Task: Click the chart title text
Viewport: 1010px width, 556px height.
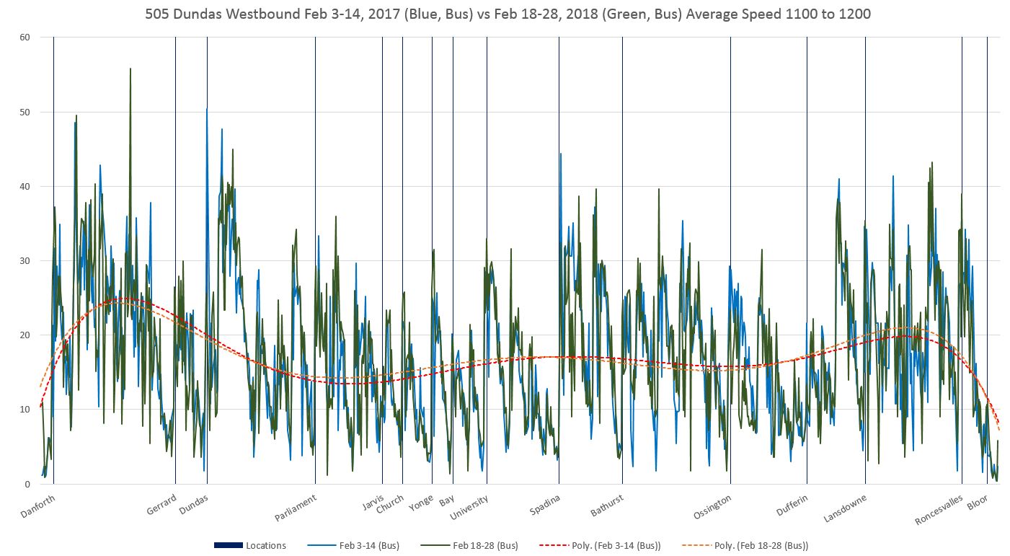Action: [x=508, y=14]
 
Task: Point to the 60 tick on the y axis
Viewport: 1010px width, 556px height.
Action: [x=25, y=37]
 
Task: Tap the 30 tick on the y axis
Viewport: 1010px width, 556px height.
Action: [x=25, y=260]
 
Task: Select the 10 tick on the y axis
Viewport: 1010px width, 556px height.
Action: [x=25, y=409]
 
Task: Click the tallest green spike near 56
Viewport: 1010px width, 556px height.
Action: [x=130, y=69]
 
